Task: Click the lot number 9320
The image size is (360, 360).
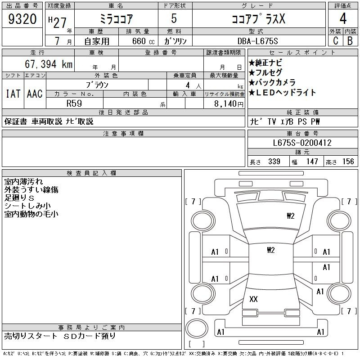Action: coord(22,19)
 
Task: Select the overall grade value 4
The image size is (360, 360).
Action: coord(343,18)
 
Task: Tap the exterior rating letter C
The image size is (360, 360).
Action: coord(335,41)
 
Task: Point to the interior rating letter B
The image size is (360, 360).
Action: coord(350,41)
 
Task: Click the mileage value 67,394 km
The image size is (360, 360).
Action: coord(49,64)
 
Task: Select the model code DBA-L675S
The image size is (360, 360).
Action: coord(257,41)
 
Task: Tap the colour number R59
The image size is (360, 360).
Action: coord(74,103)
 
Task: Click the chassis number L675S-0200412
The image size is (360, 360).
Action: coord(302,143)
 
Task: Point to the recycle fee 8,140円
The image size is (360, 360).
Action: coord(229,104)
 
